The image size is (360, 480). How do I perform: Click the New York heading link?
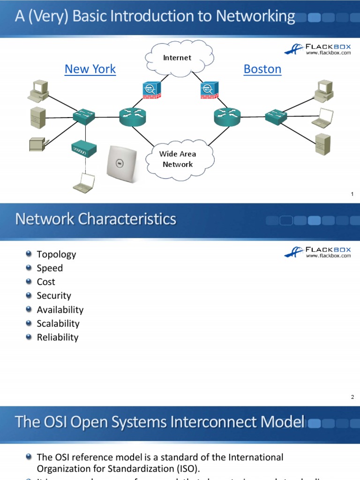pos(90,69)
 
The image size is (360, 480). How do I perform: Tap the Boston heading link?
pos(262,69)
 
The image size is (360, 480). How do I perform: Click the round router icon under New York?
pos(133,115)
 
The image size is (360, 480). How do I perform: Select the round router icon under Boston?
pos(227,115)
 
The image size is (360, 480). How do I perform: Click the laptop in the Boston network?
pos(322,118)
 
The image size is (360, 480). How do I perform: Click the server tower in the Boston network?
pos(322,144)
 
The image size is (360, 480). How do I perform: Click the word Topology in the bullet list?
pos(56,254)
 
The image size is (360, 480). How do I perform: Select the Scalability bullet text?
pos(58,323)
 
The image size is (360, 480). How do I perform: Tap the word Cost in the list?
pos(46,282)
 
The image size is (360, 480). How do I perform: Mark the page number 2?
pos(352,397)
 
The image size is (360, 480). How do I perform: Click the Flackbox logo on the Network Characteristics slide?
pos(317,252)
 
